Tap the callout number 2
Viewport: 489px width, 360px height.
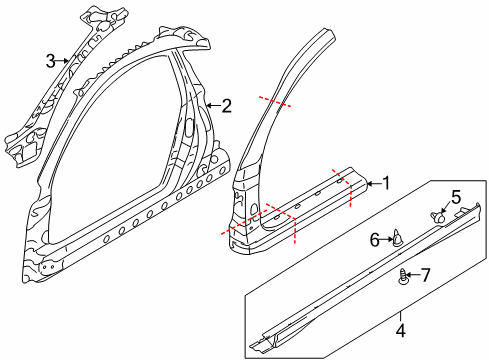(x=227, y=105)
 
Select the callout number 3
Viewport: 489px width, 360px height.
(x=50, y=61)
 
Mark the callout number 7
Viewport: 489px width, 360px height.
(x=423, y=274)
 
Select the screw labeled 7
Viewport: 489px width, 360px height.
(x=404, y=275)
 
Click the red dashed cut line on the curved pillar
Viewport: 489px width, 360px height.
(x=277, y=104)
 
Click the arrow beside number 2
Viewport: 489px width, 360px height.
(x=213, y=105)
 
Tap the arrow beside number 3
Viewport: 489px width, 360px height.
(x=64, y=61)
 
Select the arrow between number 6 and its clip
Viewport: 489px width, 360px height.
(x=388, y=239)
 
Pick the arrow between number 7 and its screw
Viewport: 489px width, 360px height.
(x=413, y=274)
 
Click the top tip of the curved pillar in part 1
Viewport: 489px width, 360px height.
(x=322, y=36)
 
